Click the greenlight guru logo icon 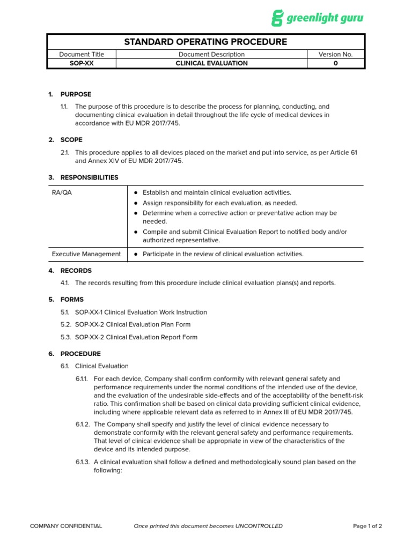click(x=277, y=18)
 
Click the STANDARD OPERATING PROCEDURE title click(x=205, y=42)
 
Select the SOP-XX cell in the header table click(x=82, y=63)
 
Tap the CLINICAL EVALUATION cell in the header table click(x=211, y=63)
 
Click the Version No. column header click(x=335, y=54)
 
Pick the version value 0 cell click(x=335, y=63)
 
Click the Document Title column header click(x=82, y=54)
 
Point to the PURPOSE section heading click(x=76, y=94)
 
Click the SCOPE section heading click(x=71, y=140)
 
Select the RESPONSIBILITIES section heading click(x=90, y=177)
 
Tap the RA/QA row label click(x=61, y=192)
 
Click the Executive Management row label click(x=86, y=254)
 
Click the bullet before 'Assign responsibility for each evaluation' click(x=136, y=203)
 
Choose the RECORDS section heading click(x=76, y=271)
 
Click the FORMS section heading click(x=72, y=300)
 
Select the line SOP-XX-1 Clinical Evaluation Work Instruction click(x=141, y=312)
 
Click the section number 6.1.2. click(x=83, y=424)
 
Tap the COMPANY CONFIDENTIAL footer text click(x=66, y=526)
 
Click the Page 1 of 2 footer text click(x=367, y=526)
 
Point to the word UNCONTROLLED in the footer click(x=259, y=526)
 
